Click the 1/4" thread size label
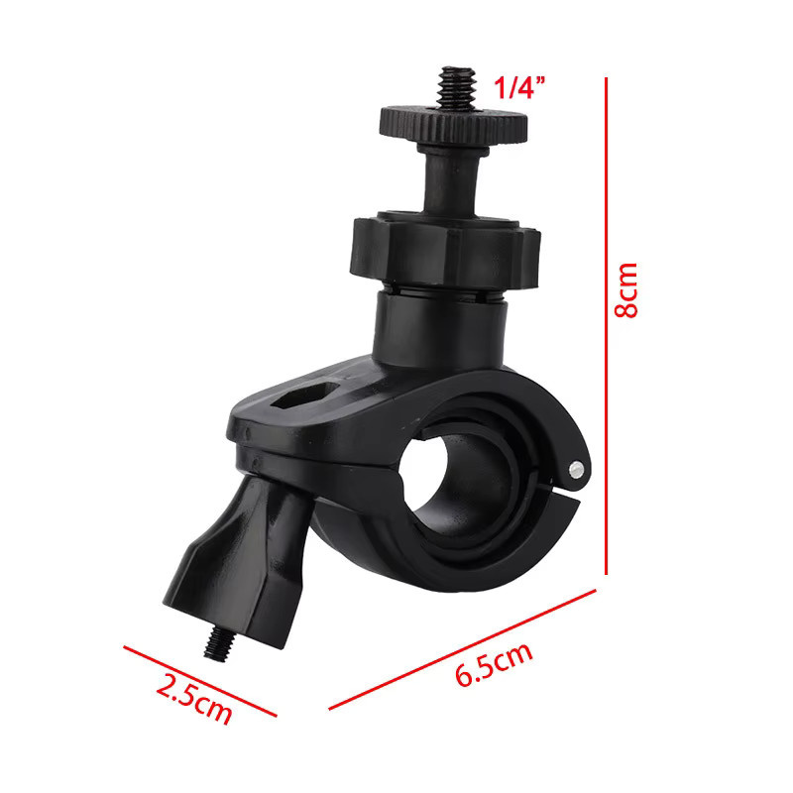point(519,87)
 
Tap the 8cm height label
point(626,290)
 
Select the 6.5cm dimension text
point(494,664)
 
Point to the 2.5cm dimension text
point(194,699)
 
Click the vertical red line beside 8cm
point(606,326)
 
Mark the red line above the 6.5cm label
point(462,649)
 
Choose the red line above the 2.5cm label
point(200,681)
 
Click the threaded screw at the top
point(457,87)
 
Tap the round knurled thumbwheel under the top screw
point(454,125)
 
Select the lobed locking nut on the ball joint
point(445,252)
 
